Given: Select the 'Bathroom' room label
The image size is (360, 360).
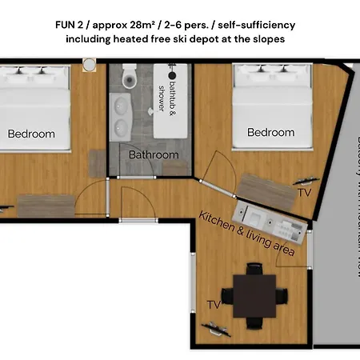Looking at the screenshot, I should [154, 154].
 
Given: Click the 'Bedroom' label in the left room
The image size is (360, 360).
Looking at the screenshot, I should [31, 134].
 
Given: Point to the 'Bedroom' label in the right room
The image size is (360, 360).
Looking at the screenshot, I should [270, 132].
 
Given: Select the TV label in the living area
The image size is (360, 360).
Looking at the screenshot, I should [214, 305].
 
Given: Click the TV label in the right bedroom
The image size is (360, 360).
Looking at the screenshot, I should [304, 193].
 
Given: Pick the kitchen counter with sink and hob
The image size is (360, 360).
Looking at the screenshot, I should [270, 219].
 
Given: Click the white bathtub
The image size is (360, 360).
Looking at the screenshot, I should [173, 104].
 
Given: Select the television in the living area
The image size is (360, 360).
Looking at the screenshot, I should [217, 325].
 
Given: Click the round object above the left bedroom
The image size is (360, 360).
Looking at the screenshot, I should [90, 63].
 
